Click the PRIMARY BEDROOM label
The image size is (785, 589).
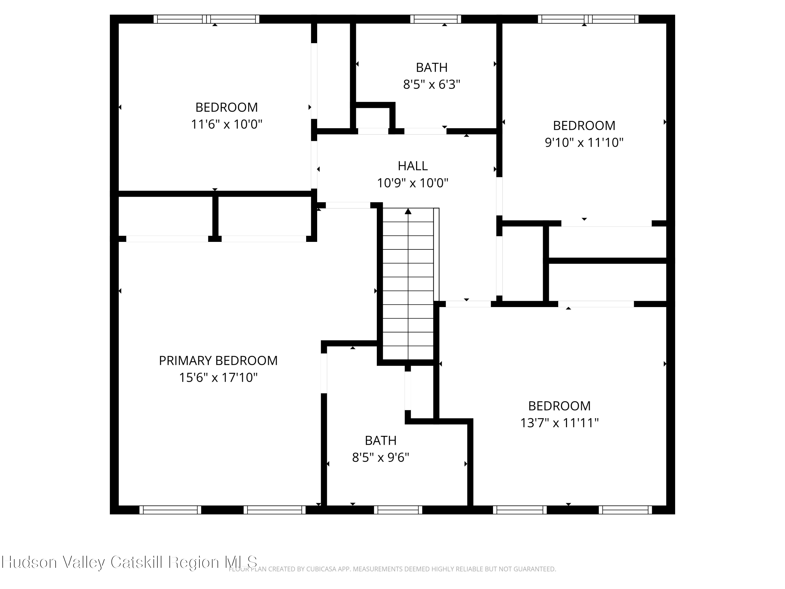[218, 360]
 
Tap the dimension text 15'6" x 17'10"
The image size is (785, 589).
[218, 377]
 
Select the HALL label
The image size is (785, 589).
[412, 166]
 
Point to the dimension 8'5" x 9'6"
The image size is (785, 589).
[380, 457]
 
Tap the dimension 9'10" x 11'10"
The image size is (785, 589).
[584, 142]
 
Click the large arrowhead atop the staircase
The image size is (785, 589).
[408, 212]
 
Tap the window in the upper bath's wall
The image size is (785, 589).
[435, 19]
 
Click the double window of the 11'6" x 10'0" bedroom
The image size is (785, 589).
[206, 19]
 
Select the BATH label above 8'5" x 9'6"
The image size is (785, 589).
[380, 440]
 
